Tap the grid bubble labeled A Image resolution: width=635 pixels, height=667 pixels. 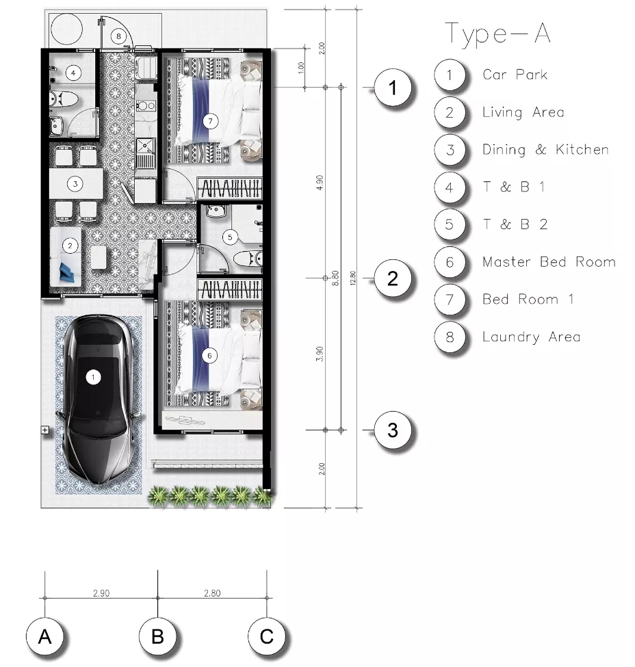pos(44,636)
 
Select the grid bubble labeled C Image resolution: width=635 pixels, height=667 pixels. pos(267,636)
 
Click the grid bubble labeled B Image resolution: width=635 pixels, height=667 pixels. pos(157,636)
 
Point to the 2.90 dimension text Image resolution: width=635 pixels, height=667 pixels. pos(101,593)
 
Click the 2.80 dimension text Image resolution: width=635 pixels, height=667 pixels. pos(212,593)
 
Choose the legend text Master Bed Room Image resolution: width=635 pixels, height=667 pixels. pos(549,261)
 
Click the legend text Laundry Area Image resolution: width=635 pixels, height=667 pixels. pos(531,337)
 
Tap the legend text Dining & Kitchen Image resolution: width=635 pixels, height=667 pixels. pos(545,149)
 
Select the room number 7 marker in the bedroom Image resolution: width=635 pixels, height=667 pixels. pos(210,121)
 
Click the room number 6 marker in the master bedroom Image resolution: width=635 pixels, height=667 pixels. pos(209,356)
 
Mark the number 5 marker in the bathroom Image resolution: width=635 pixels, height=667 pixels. pos(230,237)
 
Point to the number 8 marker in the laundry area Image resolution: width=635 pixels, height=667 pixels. pos(119,36)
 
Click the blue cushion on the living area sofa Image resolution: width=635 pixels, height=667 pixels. pos(69,272)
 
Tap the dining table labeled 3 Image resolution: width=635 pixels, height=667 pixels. pos(76,184)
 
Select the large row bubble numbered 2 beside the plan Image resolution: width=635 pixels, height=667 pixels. pos(393,278)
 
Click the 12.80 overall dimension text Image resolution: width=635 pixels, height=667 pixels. pos(352,278)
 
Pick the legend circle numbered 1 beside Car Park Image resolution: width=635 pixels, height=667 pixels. pos(450,75)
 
